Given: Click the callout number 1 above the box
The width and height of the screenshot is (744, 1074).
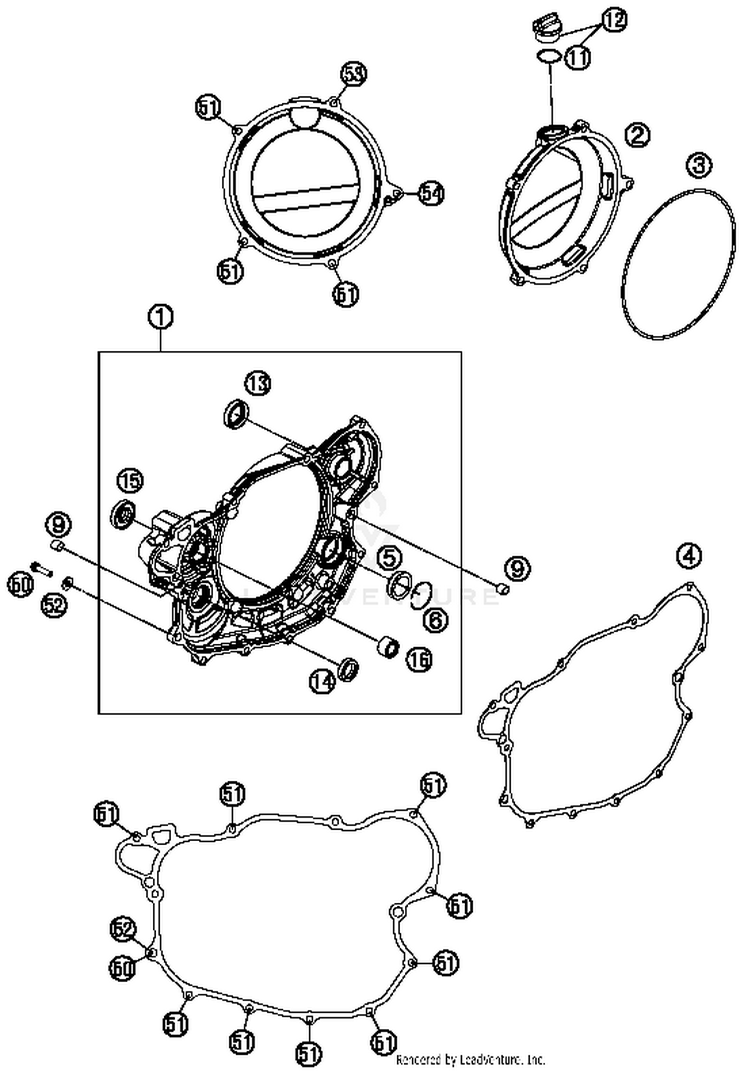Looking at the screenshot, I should click(160, 318).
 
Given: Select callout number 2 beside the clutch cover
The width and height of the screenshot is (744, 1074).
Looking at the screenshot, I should click(637, 134).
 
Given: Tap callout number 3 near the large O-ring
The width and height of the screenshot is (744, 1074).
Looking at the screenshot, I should click(699, 165).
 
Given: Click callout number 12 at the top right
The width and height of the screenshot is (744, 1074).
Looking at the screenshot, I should click(615, 20).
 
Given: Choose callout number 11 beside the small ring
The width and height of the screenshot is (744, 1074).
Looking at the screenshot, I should click(577, 58).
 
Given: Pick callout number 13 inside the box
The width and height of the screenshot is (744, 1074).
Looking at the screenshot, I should click(258, 384).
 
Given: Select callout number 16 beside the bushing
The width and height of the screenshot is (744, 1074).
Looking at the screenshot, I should click(419, 659).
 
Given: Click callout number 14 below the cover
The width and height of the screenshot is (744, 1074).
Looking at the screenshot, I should click(322, 681).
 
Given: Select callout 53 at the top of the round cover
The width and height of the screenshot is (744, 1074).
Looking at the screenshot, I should click(353, 75).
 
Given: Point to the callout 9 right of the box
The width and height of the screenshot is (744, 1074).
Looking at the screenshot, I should click(517, 568).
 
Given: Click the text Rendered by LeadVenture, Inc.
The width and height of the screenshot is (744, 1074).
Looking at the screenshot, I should click(470, 1060).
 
